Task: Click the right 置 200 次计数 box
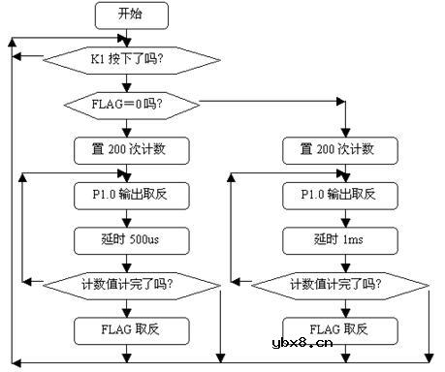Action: click(340, 150)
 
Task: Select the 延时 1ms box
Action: click(340, 237)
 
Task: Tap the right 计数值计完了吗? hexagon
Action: click(340, 284)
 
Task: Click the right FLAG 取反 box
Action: click(340, 330)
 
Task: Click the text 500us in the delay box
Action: click(146, 237)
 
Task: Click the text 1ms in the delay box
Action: click(355, 237)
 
